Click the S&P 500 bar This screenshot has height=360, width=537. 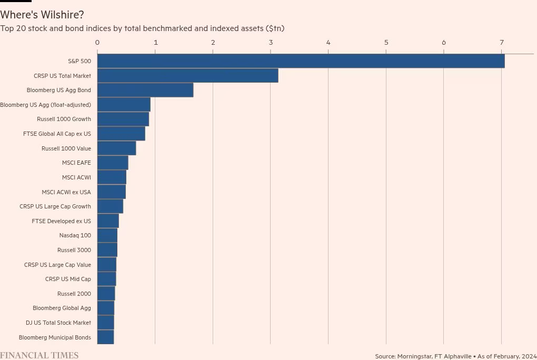(301, 61)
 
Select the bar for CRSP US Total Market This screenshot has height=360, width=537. (187, 76)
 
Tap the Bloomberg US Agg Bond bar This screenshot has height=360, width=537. (145, 90)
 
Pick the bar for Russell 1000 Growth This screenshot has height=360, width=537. (123, 119)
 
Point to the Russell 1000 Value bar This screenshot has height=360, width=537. (116, 148)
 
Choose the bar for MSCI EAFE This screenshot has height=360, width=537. (112, 163)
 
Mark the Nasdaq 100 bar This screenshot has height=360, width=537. (107, 235)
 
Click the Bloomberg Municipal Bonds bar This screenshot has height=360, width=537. (105, 337)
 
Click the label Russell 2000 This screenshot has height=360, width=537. (74, 294)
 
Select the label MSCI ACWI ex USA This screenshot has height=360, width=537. (66, 192)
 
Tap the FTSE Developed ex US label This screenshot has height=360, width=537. (61, 221)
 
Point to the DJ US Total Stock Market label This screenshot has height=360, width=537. (58, 323)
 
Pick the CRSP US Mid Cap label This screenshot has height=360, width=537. (68, 279)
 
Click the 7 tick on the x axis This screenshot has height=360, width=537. (502, 43)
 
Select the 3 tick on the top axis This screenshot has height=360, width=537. (271, 43)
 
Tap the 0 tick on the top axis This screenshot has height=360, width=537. (97, 43)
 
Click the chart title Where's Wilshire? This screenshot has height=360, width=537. (42, 15)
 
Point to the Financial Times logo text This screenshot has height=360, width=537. (39, 356)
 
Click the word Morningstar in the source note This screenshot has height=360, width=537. (414, 356)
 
